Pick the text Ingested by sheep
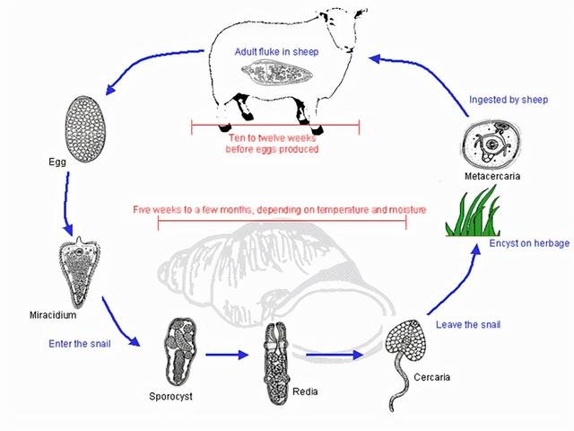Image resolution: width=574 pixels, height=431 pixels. (x=508, y=99)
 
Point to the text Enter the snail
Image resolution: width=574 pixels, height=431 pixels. (x=76, y=343)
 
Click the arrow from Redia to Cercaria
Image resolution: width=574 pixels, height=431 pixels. (x=331, y=354)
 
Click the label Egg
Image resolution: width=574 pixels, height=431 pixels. (x=58, y=163)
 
